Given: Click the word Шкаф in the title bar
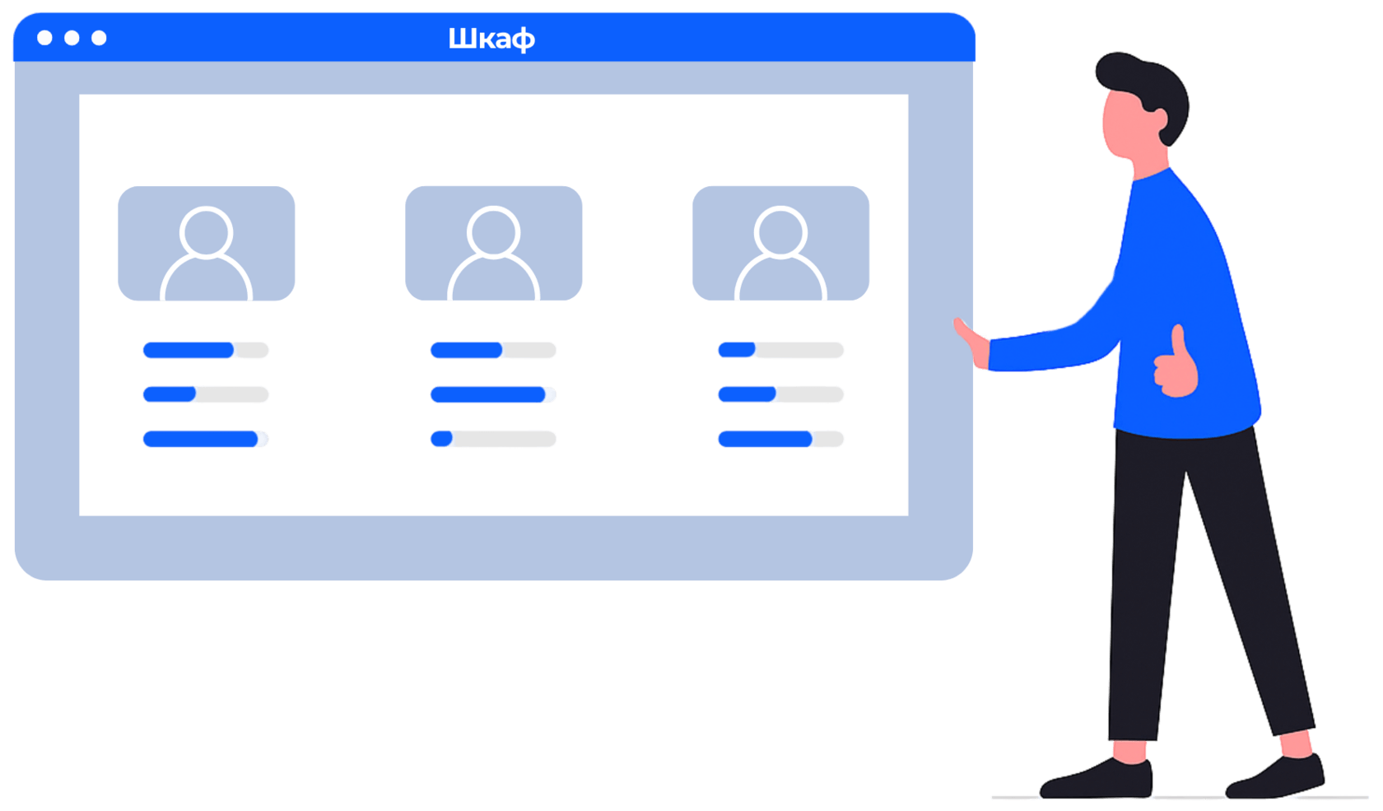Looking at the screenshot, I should click(491, 39).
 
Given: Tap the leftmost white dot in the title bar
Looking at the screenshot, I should click(45, 38).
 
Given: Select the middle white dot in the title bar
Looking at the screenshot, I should click(72, 38).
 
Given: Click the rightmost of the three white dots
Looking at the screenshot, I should click(99, 38).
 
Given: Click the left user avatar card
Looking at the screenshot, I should click(207, 244).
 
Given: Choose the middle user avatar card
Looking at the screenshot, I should click(494, 244).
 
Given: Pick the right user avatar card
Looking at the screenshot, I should click(781, 244).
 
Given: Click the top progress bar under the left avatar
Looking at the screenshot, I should click(206, 351).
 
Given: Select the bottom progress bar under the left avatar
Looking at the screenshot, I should click(206, 439).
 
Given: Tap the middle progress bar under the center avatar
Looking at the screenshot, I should click(493, 395).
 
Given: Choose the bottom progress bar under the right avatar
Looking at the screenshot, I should click(780, 439).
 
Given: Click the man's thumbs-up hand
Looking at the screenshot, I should click(1176, 366).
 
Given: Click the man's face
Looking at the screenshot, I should click(1124, 124).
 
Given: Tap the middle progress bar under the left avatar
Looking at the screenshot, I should click(206, 395).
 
